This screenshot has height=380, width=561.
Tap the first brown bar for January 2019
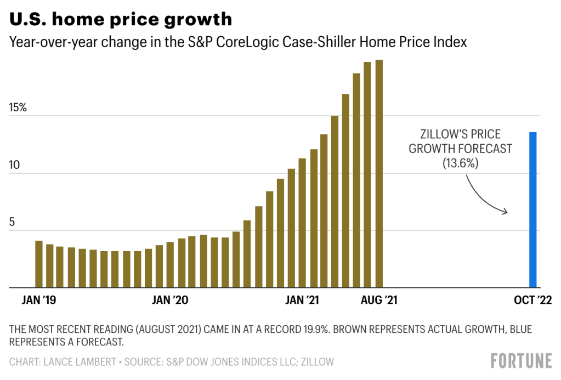(39, 264)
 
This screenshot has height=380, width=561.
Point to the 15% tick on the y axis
(18, 107)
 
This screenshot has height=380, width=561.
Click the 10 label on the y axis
(14, 165)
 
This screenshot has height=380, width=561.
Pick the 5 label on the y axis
(12, 222)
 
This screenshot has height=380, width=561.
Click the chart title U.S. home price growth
(121, 20)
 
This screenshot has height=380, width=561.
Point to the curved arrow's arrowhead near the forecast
(506, 212)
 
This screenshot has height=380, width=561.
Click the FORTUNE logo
(521, 361)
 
